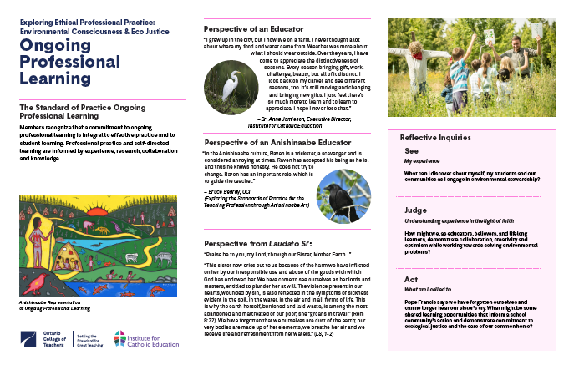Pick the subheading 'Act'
click(410, 278)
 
